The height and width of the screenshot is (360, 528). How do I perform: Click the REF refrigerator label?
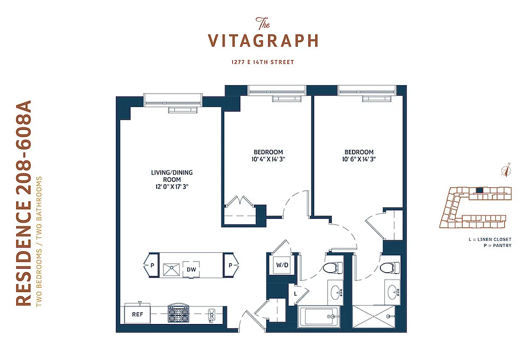pos(137,315)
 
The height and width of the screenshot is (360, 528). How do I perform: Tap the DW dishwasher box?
pos(191,270)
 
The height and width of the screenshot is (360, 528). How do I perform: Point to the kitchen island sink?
pos(171,269)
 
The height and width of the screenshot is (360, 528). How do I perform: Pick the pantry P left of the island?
pos(152,265)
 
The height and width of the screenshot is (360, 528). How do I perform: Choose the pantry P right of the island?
pos(230,265)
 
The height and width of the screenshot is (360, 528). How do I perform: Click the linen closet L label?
pos(295,293)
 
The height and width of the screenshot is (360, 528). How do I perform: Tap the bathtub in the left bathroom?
pos(319,317)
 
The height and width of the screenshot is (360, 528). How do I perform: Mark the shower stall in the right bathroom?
pos(373,318)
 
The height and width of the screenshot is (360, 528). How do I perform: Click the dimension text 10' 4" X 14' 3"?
pos(268,159)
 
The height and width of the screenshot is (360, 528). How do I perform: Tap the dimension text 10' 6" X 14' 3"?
pos(359,159)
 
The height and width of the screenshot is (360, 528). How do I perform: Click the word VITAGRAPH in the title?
pos(263,40)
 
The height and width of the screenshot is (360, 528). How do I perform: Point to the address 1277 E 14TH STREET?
pos(263,62)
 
